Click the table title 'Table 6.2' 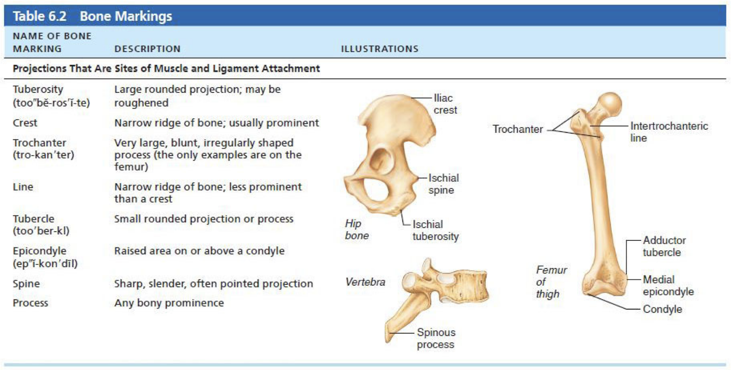tap(39, 16)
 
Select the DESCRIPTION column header tap(147, 49)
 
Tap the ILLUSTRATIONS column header tap(380, 49)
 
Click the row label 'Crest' tap(25, 123)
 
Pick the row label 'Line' tap(23, 187)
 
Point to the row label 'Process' tap(30, 303)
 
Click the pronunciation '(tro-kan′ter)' tap(44, 155)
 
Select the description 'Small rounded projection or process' tap(204, 219)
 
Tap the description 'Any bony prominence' tap(169, 303)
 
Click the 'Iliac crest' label tap(445, 104)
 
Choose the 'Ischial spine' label tap(443, 184)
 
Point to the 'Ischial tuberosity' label tap(435, 230)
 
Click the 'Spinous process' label tap(436, 338)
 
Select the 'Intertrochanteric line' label tap(668, 131)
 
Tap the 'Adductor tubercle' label tap(664, 246)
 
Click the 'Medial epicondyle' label tap(668, 285)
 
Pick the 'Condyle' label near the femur tap(662, 309)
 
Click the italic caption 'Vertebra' tap(365, 282)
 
